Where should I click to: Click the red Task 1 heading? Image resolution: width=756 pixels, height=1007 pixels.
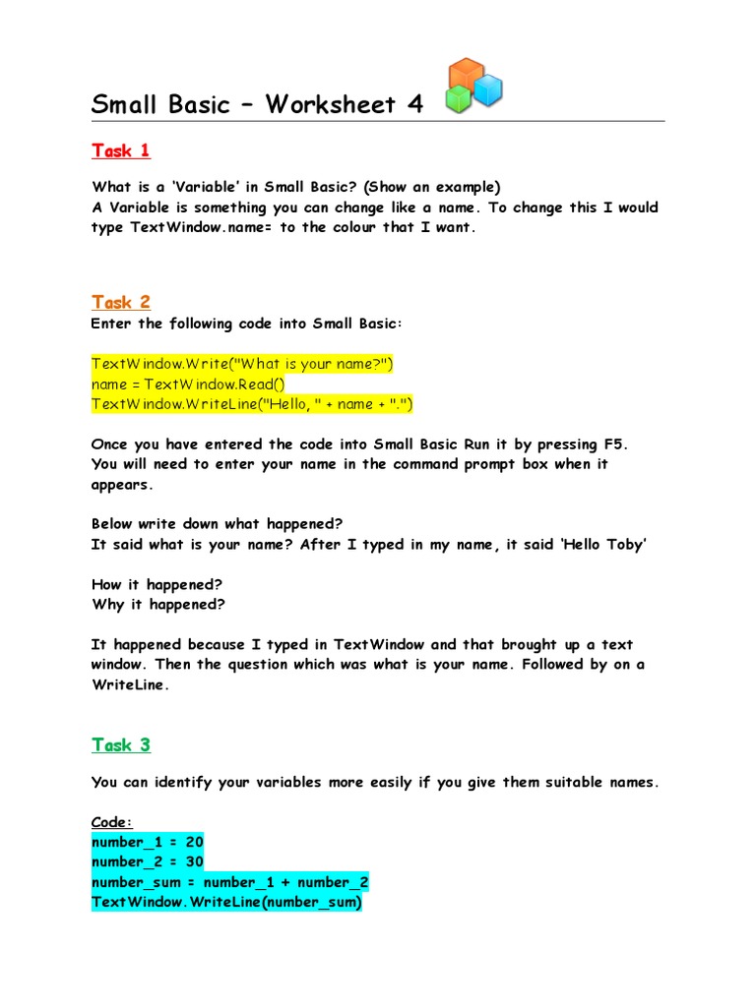(120, 150)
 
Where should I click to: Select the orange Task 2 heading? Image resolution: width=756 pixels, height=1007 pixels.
(120, 302)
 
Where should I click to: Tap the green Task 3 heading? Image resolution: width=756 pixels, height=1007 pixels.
(120, 744)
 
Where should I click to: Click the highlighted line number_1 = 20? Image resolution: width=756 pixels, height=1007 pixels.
(147, 843)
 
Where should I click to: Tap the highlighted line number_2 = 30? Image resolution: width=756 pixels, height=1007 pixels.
(147, 862)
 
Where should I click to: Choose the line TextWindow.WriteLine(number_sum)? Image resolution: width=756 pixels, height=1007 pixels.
(226, 902)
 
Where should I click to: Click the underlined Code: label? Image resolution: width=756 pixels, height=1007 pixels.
(111, 822)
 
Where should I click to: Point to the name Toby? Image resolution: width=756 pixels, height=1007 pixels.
(623, 544)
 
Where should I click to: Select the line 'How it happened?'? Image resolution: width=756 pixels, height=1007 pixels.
(157, 584)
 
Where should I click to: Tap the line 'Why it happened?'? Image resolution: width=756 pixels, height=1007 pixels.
(157, 604)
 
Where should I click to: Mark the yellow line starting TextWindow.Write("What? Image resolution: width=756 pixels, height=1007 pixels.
(242, 364)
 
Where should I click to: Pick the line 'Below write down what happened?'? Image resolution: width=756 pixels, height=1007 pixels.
(217, 523)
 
